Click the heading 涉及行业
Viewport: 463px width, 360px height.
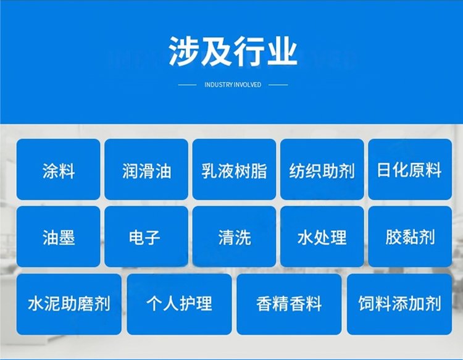pyautogui.click(x=233, y=51)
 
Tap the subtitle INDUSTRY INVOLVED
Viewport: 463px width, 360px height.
pyautogui.click(x=233, y=85)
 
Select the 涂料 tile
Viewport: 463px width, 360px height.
pyautogui.click(x=58, y=170)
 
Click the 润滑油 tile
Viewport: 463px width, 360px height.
pyautogui.click(x=146, y=170)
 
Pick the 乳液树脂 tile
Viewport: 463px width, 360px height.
pyautogui.click(x=234, y=170)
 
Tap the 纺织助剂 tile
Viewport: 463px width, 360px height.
pyautogui.click(x=322, y=170)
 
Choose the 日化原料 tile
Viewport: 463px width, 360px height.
pyautogui.click(x=410, y=170)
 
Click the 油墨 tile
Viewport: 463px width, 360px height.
pyautogui.click(x=58, y=237)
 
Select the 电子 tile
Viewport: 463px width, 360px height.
pyautogui.click(x=146, y=237)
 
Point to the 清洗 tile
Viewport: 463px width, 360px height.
pyautogui.click(x=234, y=237)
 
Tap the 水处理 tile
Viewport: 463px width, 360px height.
pyautogui.click(x=322, y=237)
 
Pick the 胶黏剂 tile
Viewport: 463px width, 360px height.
pyautogui.click(x=410, y=237)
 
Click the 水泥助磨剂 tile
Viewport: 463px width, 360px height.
pyautogui.click(x=69, y=304)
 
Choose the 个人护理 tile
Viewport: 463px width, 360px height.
pyautogui.click(x=179, y=304)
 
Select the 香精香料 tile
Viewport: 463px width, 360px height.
pyautogui.click(x=289, y=304)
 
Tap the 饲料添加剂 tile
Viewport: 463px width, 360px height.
pyautogui.click(x=399, y=304)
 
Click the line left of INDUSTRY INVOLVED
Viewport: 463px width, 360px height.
pyautogui.click(x=187, y=85)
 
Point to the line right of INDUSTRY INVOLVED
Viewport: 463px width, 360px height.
pyautogui.click(x=278, y=85)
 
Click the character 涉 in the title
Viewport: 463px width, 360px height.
pyautogui.click(x=183, y=51)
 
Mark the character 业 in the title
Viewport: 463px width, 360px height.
pyautogui.click(x=282, y=51)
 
